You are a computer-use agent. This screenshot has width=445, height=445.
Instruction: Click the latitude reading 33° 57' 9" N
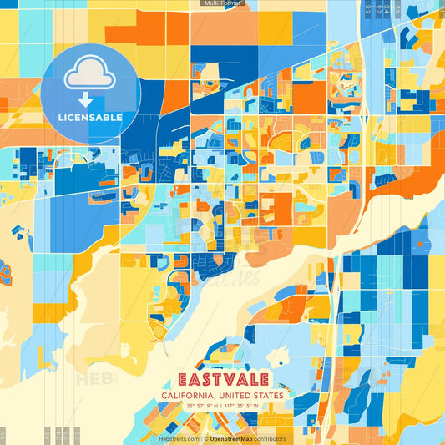click(x=201, y=406)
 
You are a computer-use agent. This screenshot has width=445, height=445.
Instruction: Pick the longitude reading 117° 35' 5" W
click(x=243, y=406)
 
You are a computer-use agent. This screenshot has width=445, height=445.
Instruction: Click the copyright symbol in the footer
click(x=205, y=438)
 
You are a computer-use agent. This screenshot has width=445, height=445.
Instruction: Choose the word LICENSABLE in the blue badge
click(x=90, y=118)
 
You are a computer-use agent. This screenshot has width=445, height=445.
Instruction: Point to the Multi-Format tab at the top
click(x=222, y=3)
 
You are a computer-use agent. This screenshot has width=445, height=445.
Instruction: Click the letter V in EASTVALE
click(x=230, y=380)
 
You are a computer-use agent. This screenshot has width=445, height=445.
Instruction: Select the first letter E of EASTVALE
click(x=184, y=380)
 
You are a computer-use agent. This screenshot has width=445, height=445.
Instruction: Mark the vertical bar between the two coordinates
click(x=222, y=406)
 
